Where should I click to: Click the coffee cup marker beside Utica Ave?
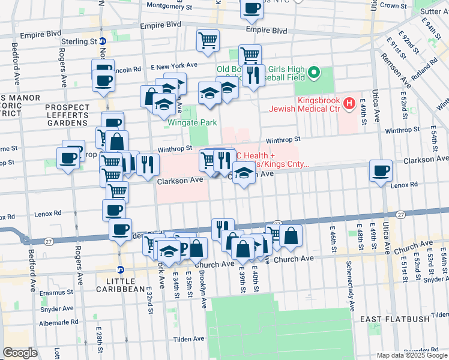(381, 171)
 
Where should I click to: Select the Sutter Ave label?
(435, 11)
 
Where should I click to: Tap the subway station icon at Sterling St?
(103, 41)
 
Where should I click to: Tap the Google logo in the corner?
(20, 353)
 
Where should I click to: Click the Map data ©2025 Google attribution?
(411, 355)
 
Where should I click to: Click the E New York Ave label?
(174, 65)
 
